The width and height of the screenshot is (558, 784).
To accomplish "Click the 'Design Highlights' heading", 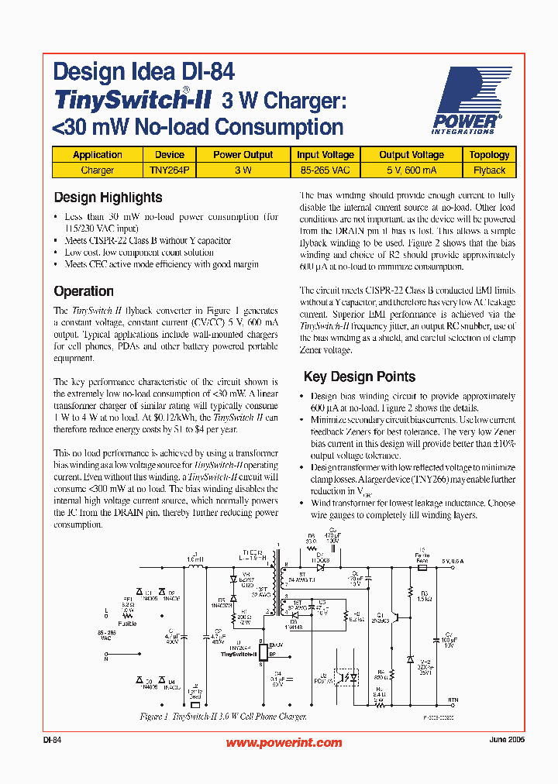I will click(x=108, y=198).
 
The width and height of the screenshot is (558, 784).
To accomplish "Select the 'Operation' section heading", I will click(x=84, y=291).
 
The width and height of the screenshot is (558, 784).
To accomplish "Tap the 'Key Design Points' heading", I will click(x=360, y=377).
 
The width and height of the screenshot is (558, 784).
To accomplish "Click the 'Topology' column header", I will click(x=490, y=155).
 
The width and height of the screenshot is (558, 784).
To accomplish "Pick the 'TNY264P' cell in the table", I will click(x=169, y=170).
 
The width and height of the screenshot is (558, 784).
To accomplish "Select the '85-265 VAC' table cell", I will click(x=325, y=170).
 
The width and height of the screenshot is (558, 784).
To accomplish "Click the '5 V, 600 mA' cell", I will click(x=412, y=170).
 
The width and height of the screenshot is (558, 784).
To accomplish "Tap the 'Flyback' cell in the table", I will click(x=490, y=170).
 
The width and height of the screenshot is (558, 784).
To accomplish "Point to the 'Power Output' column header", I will click(x=243, y=155).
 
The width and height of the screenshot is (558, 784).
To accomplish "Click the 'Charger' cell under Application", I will click(x=98, y=170).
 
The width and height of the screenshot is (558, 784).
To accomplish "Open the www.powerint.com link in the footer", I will click(x=284, y=742).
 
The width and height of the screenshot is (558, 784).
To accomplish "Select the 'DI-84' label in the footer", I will click(x=53, y=741).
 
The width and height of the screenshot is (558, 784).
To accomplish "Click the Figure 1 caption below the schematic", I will click(x=223, y=717).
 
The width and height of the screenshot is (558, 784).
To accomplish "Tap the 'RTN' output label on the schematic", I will click(x=453, y=700).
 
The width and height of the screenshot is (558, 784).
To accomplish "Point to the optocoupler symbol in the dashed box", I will click(x=344, y=676).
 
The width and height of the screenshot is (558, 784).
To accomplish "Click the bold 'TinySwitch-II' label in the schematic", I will click(x=238, y=655).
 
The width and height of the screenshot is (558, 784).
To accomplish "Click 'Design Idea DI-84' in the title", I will click(x=144, y=74).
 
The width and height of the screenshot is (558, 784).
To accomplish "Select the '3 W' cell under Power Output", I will click(x=243, y=170).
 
